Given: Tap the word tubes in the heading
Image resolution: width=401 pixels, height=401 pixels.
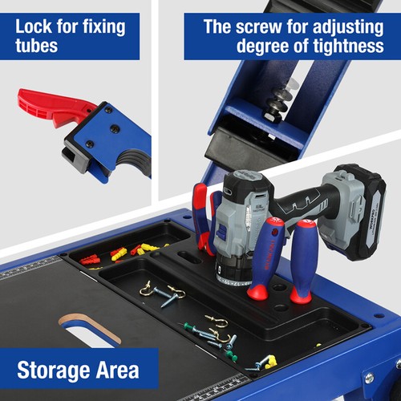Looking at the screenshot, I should [x=36, y=46].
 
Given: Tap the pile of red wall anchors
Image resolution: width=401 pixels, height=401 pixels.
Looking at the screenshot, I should [x=90, y=259].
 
